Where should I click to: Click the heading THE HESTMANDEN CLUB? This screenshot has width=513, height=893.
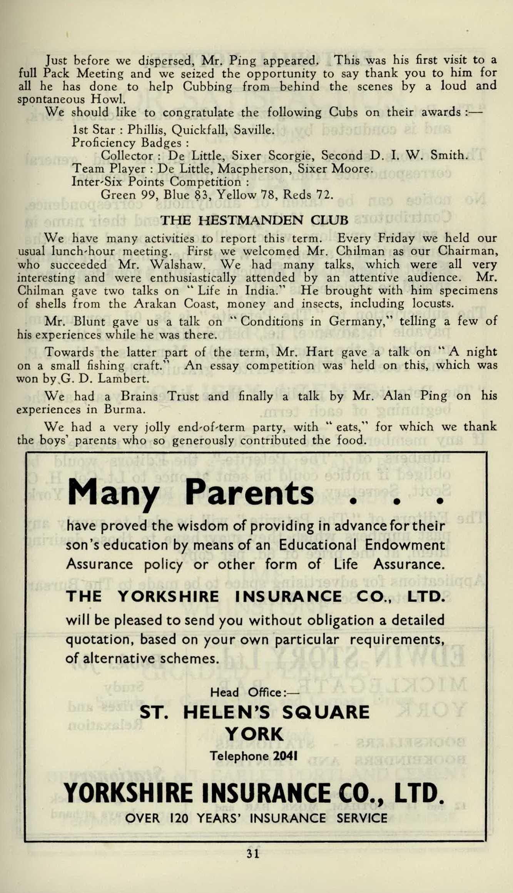coord(254,220)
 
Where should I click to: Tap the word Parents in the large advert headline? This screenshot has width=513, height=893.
coord(249,493)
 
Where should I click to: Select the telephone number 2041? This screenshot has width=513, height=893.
coord(285,756)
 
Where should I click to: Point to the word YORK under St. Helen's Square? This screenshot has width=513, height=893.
coord(254,734)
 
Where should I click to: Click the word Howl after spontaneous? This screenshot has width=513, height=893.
coord(108,99)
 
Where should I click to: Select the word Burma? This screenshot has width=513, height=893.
coord(124,409)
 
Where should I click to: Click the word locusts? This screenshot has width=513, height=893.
coord(432,304)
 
